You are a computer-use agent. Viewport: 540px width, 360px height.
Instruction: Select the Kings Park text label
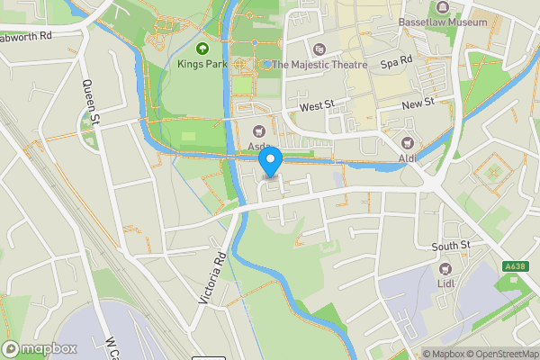click(202, 65)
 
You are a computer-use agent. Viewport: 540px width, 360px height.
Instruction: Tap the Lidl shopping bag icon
click(444, 268)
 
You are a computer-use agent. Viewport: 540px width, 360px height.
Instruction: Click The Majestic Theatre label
click(320, 65)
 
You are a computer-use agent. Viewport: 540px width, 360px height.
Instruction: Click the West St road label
click(317, 106)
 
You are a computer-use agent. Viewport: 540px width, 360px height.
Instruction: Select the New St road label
click(418, 104)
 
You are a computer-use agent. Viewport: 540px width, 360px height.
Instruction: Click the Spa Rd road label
click(396, 63)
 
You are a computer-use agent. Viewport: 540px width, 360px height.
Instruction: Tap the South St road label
click(451, 246)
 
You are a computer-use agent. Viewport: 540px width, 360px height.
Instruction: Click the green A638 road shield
click(515, 266)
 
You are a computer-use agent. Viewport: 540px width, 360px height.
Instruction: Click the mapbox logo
click(40, 348)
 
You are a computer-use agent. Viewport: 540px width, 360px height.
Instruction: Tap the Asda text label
click(261, 147)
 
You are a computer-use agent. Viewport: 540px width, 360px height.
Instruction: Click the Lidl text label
click(444, 284)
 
